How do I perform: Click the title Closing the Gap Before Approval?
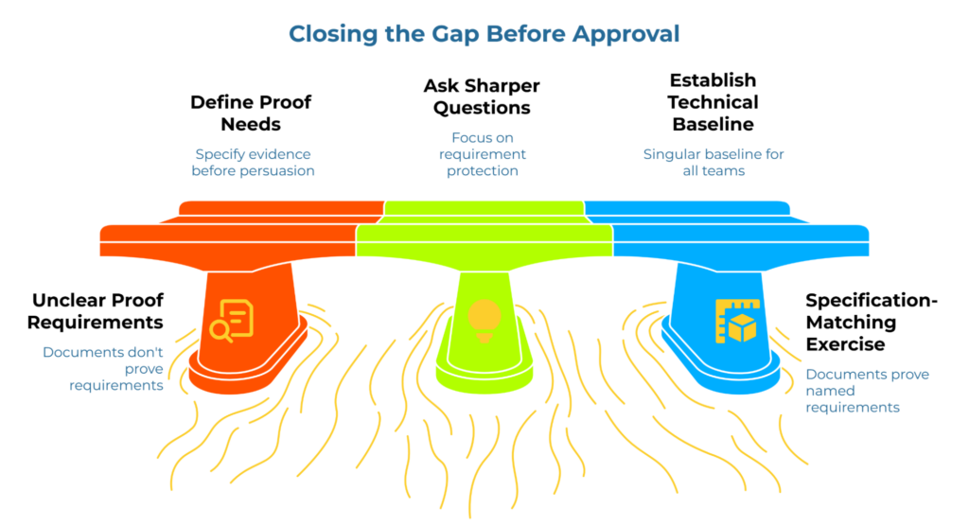click(x=484, y=34)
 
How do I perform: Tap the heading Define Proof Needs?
click(x=251, y=113)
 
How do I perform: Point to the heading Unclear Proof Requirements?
click(x=96, y=311)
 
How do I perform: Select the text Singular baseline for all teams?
click(x=714, y=163)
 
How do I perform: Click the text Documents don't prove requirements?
click(x=103, y=369)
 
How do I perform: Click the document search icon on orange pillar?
click(x=232, y=321)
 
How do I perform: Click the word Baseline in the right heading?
click(x=714, y=124)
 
